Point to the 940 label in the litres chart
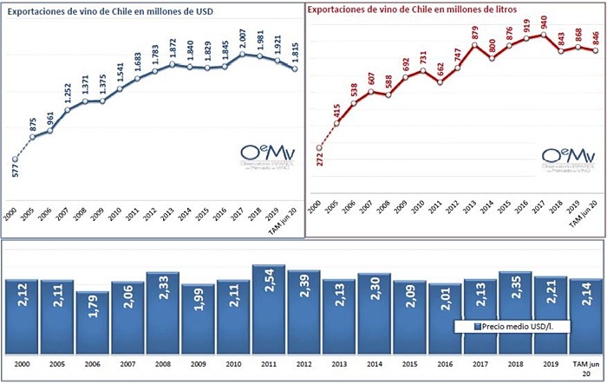[544, 23]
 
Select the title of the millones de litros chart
[418, 11]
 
